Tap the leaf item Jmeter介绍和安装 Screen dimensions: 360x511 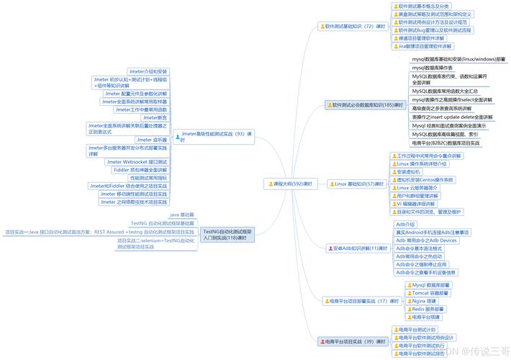tap(148, 71)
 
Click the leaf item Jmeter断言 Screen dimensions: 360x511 tap(155, 117)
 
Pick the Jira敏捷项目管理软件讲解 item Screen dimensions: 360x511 tap(425, 45)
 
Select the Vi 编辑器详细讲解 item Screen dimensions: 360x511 tap(427, 204)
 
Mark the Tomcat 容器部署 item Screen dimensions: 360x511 tap(432, 293)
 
